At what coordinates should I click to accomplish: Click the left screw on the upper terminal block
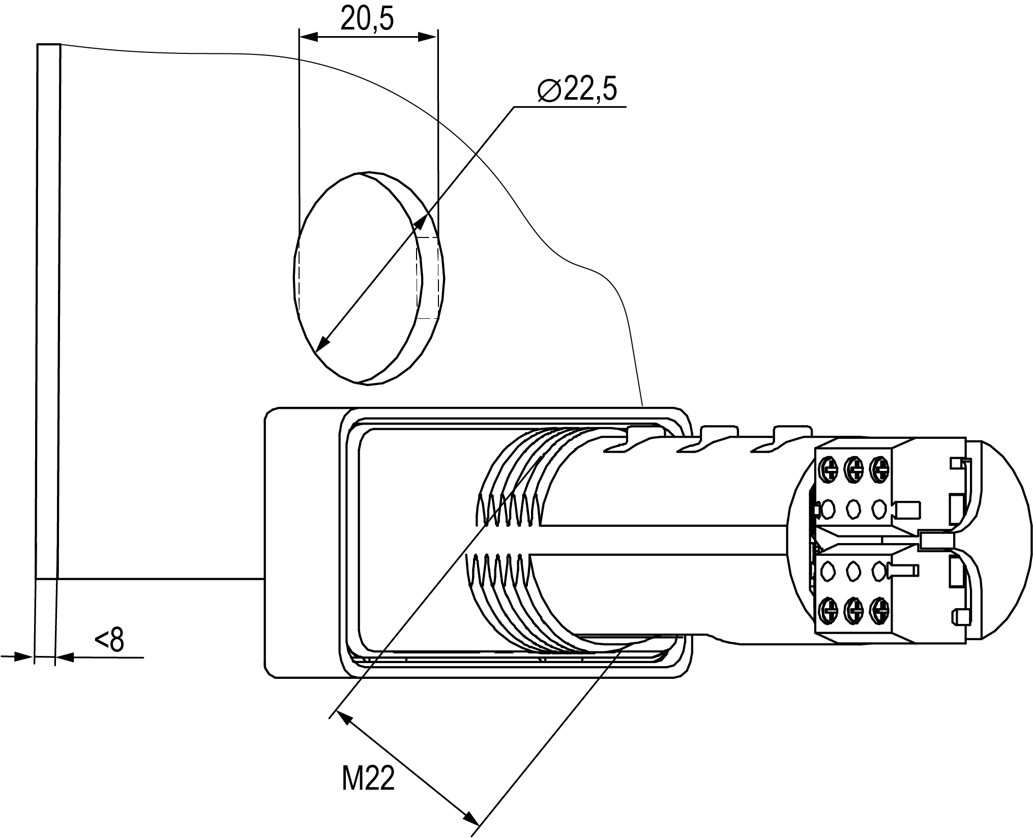828,468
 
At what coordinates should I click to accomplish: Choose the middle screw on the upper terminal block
853,468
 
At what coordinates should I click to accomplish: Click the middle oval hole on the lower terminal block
853,571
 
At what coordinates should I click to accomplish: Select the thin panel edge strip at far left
47,305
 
